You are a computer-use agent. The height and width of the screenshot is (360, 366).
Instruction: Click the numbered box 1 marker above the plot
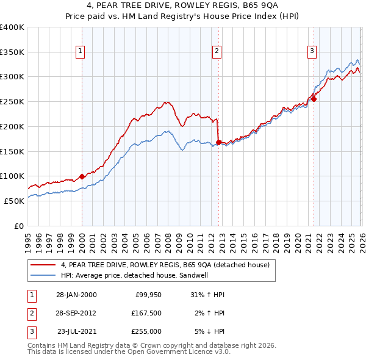point(81,52)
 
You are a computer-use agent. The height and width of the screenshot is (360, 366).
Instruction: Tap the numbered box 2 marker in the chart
point(217,52)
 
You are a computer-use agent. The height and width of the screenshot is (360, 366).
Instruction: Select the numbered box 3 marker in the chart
point(312,52)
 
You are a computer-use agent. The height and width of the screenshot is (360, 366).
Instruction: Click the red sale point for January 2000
point(82,176)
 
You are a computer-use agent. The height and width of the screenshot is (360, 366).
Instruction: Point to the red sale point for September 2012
point(218,143)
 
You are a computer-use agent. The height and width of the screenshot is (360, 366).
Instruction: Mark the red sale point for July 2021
point(314,99)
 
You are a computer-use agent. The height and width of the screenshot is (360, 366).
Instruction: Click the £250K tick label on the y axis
point(12,101)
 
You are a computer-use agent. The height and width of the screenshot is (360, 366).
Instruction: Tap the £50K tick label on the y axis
point(14,201)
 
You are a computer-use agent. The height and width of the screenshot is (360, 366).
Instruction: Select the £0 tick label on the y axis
point(19,226)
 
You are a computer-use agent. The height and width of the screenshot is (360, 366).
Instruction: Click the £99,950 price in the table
point(148,295)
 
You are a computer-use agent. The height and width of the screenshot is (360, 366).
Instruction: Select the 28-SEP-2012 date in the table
point(76,313)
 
